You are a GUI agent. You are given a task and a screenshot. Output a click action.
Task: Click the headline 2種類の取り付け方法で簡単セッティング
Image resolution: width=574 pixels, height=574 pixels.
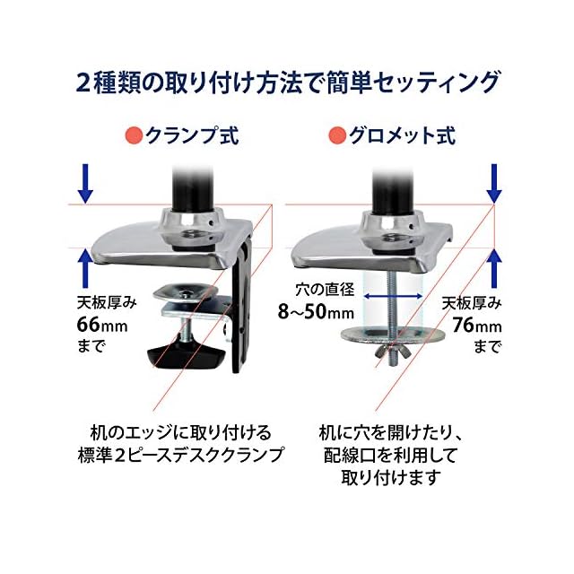point(286,83)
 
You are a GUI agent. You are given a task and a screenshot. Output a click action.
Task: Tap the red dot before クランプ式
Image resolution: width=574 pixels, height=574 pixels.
point(132,137)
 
